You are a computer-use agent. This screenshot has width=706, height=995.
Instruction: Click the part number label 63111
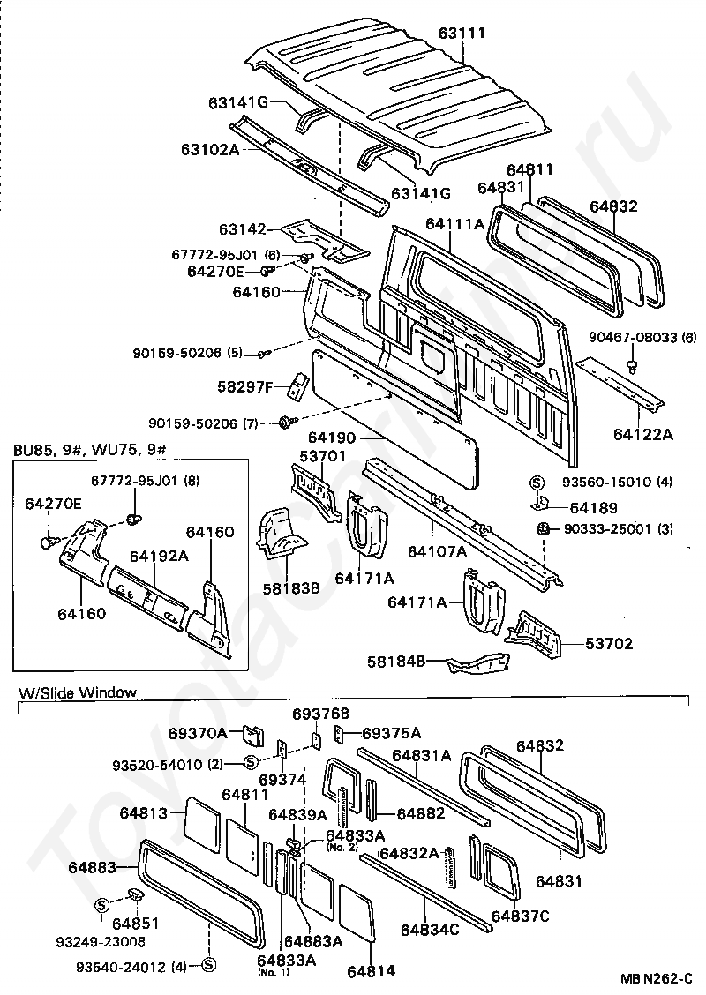coord(462,33)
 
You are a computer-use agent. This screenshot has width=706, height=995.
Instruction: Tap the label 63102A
coord(210,149)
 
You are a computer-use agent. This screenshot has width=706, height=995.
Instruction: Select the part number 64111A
coord(454,223)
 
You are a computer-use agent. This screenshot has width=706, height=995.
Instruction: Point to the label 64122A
coord(643,434)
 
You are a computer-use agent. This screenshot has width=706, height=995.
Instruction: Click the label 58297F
coord(244,386)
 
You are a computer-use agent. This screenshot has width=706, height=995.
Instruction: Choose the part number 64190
coord(333,438)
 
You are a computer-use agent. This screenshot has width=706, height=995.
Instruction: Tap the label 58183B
coord(291,589)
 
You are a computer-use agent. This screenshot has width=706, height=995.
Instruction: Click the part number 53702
coord(609,643)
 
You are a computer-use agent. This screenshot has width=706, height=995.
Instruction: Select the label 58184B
coord(396,662)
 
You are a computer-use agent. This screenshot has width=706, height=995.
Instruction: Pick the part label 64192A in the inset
coord(160,556)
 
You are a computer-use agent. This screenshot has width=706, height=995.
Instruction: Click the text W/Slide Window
coord(78,692)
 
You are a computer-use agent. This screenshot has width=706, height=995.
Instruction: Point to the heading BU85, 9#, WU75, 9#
coord(89,451)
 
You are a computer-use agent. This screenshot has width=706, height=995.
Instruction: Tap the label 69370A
coord(198,733)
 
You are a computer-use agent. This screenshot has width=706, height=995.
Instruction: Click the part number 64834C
coord(430,930)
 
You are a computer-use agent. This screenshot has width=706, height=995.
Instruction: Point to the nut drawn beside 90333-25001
coord(543,528)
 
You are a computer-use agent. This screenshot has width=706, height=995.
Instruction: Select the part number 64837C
coord(521,916)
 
